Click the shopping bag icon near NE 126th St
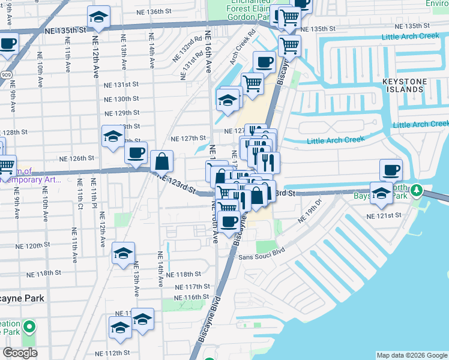[x=162, y=161]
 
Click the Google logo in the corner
[x=20, y=353]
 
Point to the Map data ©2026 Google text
[x=412, y=355]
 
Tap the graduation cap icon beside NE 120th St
[x=124, y=254]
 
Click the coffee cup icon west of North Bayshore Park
[x=391, y=170]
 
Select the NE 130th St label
[x=122, y=98]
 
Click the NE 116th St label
[x=192, y=297]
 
